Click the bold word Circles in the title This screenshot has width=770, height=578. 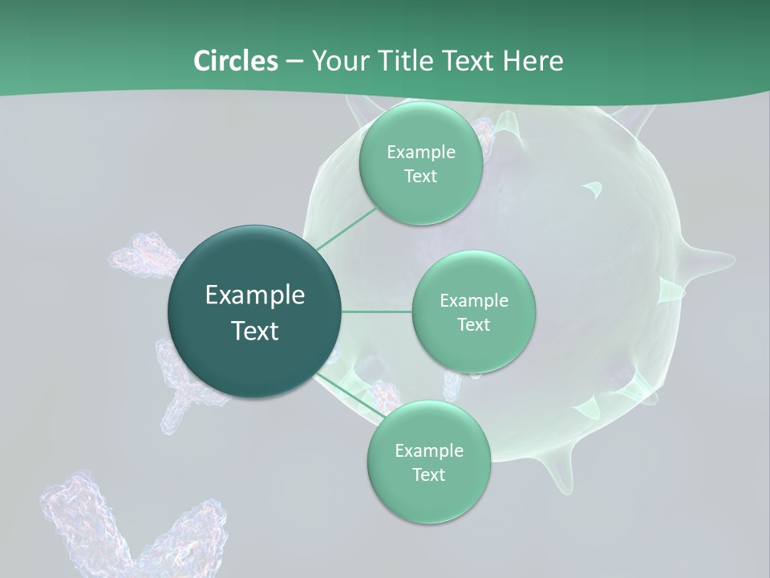coord(235,61)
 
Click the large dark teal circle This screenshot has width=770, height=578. coord(255,311)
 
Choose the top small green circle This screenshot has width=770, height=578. coord(420,163)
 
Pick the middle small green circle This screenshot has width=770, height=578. coord(473,311)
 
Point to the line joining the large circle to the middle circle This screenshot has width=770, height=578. coord(377,311)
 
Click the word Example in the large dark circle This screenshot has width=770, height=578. coord(255,295)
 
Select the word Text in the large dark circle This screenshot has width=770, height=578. coord(255,331)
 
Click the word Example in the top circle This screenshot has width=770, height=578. coord(420,152)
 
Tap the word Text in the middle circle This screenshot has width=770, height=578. coord(473,324)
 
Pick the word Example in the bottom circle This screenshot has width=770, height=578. coord(428,450)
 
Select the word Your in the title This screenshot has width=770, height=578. coord(338,61)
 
